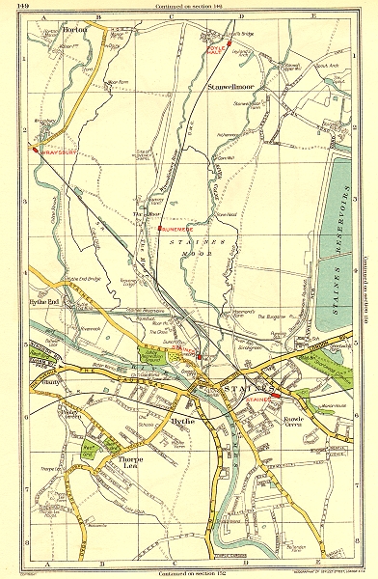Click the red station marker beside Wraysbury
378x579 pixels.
pos(34,151)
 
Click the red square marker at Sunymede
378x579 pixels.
pos(159,229)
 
